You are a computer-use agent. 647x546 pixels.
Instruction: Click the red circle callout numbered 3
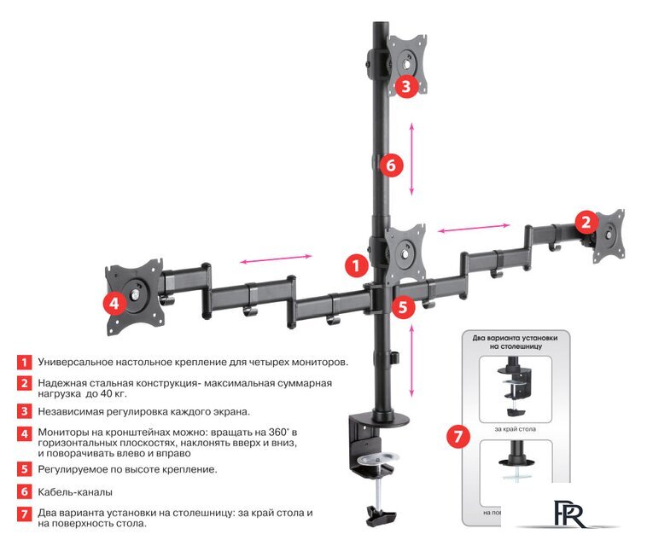[405, 85]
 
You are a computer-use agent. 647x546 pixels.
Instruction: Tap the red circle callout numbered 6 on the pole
[390, 165]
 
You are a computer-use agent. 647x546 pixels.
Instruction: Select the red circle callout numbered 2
[585, 223]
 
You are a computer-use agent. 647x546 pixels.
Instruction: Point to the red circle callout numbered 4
[112, 303]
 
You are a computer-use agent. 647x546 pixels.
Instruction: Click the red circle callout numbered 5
[404, 305]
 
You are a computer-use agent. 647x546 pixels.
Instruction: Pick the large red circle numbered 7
[458, 437]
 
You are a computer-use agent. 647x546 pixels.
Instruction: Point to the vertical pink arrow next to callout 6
[412, 159]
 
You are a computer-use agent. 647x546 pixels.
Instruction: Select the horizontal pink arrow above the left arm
[275, 258]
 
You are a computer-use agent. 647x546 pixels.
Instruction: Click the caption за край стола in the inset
[516, 428]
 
